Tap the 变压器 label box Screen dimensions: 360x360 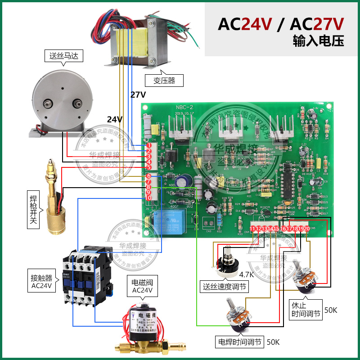click(164, 81)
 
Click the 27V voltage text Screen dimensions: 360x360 click(138, 94)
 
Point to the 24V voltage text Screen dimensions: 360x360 click(115, 119)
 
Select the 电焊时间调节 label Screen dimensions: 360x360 click(239, 342)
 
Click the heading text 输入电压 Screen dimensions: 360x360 click(318, 41)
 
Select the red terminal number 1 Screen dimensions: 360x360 click(149, 146)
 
